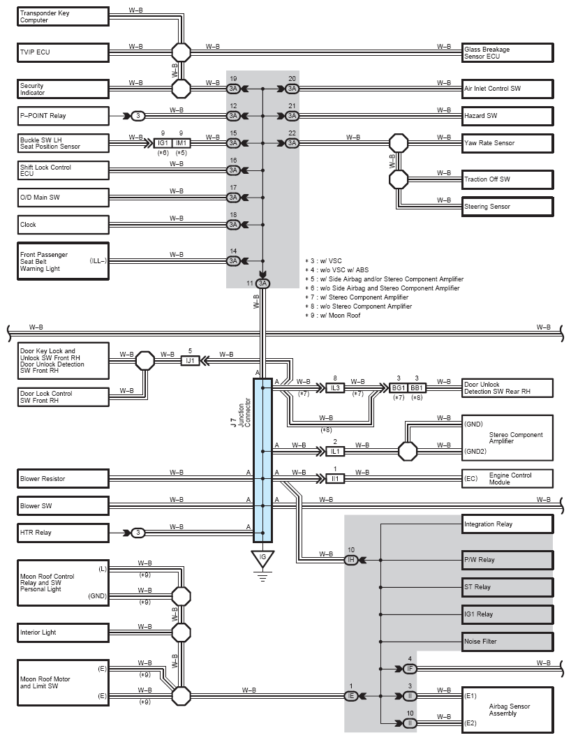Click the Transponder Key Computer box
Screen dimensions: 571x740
64,17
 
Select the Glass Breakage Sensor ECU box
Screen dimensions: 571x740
507,52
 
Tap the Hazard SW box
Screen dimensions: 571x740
507,116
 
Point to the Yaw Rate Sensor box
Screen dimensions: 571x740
507,143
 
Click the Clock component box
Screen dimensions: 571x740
64,225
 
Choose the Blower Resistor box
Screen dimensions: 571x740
64,478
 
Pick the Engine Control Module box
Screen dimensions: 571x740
507,478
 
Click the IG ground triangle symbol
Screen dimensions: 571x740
263,558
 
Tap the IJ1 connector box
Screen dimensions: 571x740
190,361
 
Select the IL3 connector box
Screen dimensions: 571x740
335,388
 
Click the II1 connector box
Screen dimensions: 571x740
335,478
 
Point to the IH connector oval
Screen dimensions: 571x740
350,560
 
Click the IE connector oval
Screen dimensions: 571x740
350,696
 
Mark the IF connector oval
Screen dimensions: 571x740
410,669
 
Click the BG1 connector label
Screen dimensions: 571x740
399,388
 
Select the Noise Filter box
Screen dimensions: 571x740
507,642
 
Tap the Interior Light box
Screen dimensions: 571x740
64,632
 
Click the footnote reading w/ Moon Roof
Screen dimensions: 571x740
333,316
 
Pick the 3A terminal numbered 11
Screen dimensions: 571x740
263,283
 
